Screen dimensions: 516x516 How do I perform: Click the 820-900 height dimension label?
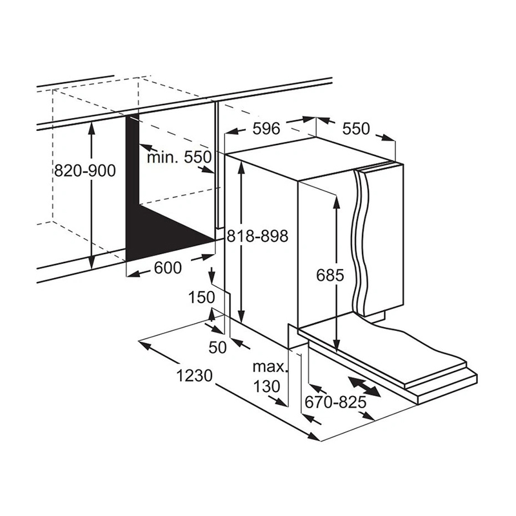(85, 170)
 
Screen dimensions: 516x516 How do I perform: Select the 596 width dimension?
(266, 128)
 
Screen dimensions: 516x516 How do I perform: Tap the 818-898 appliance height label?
(257, 235)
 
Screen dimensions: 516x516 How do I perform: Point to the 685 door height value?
(330, 275)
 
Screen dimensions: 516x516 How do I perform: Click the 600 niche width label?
(168, 268)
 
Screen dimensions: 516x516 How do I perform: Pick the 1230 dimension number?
(195, 375)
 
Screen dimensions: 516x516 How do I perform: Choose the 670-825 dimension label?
(335, 401)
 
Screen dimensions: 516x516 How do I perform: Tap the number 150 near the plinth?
(201, 297)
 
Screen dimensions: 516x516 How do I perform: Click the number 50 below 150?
(218, 347)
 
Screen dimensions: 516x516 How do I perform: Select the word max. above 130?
(270, 366)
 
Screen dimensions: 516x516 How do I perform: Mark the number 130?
(266, 386)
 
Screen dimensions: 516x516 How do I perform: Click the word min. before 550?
(163, 157)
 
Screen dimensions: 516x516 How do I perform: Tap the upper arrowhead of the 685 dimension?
(336, 203)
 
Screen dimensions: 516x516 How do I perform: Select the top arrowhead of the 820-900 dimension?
(92, 128)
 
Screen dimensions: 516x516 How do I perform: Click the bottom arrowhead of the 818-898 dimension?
(242, 316)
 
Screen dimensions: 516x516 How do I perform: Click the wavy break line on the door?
(361, 243)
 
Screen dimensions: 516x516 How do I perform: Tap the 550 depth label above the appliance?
(356, 128)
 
